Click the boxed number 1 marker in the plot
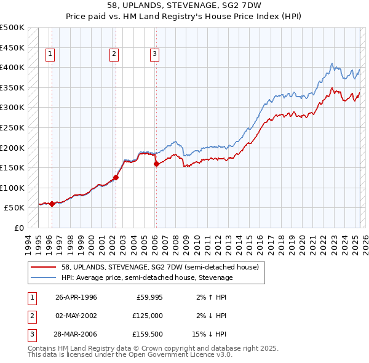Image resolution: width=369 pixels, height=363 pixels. pyautogui.click(x=50, y=54)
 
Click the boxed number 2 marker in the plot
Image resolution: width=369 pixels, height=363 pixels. pyautogui.click(x=114, y=54)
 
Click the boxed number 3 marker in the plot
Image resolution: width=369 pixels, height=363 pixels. pyautogui.click(x=154, y=54)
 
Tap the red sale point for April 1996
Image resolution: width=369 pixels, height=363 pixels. pyautogui.click(x=52, y=204)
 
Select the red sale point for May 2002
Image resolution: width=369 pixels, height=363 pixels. pyautogui.click(x=116, y=177)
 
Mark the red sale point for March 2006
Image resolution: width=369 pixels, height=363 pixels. pyautogui.click(x=156, y=164)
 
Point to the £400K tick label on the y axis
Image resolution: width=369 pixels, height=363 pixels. pyautogui.click(x=12, y=67)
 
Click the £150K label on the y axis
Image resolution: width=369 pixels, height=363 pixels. pyautogui.click(x=12, y=167)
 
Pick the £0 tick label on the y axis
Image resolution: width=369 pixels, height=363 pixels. pyautogui.click(x=18, y=228)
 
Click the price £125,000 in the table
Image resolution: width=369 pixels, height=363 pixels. pyautogui.click(x=148, y=316)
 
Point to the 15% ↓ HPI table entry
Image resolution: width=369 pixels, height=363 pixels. pyautogui.click(x=210, y=334)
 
